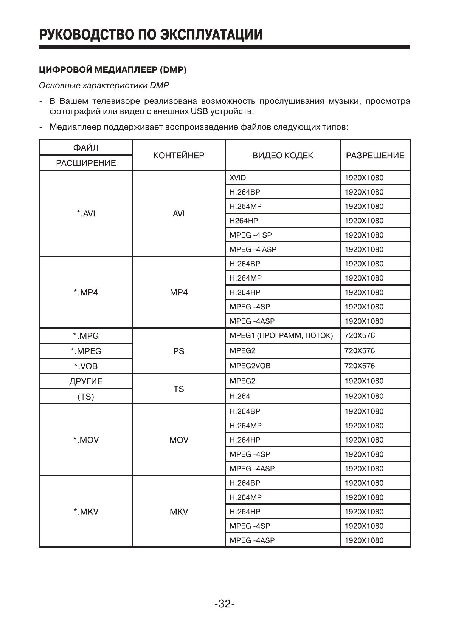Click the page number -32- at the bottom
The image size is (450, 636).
pos(225,604)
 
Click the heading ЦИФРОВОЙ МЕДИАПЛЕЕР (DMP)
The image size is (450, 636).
pos(113,70)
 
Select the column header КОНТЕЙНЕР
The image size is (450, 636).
pos(178,155)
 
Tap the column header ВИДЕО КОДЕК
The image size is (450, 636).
pos(282,155)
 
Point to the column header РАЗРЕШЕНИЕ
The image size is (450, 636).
pos(375,155)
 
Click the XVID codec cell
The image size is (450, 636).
pos(238,178)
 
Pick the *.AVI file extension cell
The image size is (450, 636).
pos(86,214)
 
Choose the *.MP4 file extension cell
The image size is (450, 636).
pos(86,293)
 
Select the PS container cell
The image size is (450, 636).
pos(178,351)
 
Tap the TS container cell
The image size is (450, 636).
pos(178,389)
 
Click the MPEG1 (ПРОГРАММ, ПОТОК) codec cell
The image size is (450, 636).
pos(281,335)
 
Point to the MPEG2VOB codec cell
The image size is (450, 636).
pos(250,366)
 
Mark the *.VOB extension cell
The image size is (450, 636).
pos(86,366)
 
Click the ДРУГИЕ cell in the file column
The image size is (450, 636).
pos(86,381)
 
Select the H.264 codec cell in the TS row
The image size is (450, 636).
pos(240,396)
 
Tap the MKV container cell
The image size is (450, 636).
pos(178,512)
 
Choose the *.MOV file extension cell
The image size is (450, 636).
pos(86,440)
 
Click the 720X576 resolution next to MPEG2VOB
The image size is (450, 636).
pos(360,366)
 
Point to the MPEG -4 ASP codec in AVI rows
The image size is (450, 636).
pos(253,249)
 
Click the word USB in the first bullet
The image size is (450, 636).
pos(200,112)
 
